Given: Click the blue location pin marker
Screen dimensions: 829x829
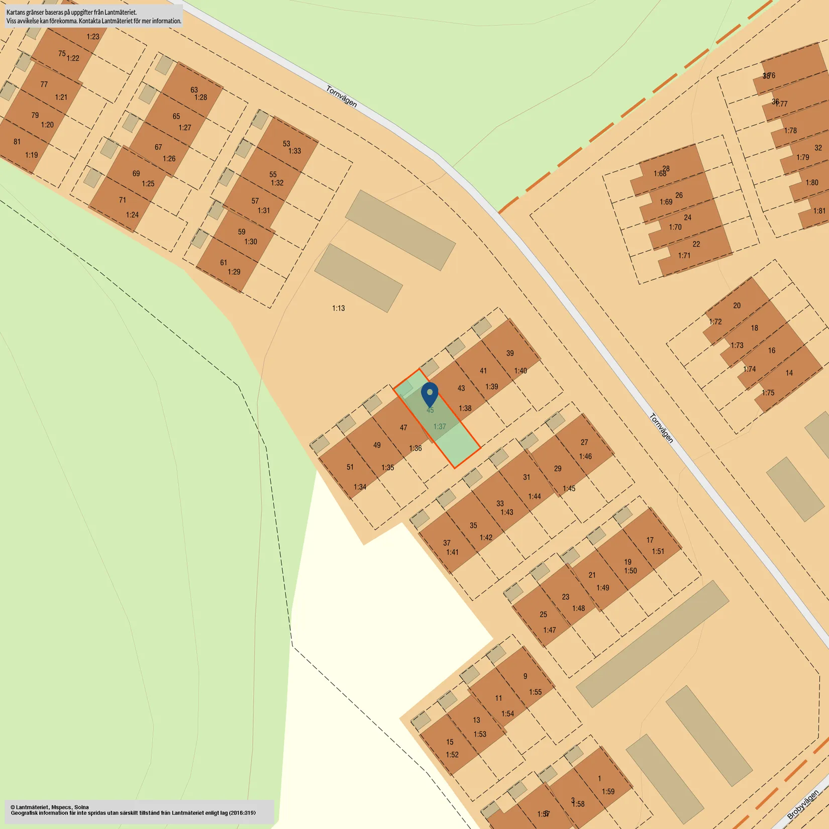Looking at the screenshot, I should click(430, 394).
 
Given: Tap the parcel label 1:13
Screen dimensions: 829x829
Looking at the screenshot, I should click(338, 308).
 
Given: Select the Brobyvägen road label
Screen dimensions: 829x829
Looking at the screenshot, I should click(802, 805).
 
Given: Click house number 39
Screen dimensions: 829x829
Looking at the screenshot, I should click(510, 353).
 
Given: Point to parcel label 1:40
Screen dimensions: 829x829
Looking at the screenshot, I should click(521, 371).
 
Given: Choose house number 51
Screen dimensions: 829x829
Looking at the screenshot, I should click(350, 467).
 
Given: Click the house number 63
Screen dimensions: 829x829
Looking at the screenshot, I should click(194, 89).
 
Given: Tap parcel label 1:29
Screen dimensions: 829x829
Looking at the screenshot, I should click(234, 272).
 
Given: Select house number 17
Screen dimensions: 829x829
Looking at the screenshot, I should click(650, 540).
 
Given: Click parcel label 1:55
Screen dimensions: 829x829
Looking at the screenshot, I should click(536, 692).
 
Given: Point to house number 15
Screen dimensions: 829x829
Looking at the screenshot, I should click(450, 742).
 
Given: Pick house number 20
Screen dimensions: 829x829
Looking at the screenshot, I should click(737, 305).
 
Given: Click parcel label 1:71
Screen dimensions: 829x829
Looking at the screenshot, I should click(684, 255).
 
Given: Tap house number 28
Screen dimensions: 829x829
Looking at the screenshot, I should click(666, 168).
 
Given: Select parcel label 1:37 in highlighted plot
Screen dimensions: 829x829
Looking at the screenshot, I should click(440, 427).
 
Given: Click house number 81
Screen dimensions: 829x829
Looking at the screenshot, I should click(17, 141).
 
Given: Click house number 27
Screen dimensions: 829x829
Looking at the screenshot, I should click(584, 442).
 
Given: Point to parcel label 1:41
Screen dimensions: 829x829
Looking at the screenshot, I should click(452, 552).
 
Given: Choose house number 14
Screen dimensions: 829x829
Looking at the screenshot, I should click(789, 373).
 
